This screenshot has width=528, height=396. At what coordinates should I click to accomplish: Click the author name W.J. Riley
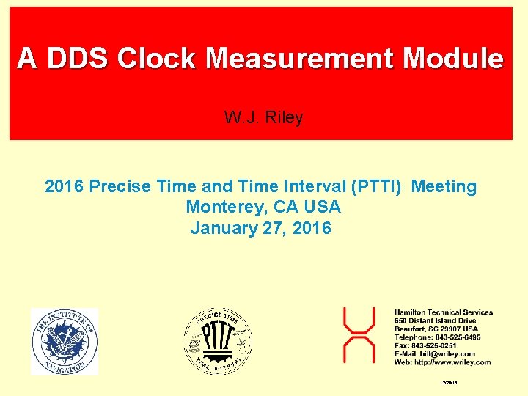tap(263, 117)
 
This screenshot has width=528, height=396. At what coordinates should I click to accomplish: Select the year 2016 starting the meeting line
tap(65, 187)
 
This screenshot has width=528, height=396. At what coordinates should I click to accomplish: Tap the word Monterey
tap(223, 208)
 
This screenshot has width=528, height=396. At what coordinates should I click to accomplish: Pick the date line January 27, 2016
tap(260, 228)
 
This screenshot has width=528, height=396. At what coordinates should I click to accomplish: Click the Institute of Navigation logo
tap(64, 342)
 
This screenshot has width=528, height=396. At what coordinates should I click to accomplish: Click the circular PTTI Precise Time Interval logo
tap(218, 342)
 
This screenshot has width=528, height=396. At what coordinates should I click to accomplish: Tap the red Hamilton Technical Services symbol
tap(359, 336)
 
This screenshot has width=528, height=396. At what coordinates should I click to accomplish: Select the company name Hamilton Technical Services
tap(444, 312)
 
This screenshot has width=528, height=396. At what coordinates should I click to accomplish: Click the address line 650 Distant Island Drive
tap(435, 320)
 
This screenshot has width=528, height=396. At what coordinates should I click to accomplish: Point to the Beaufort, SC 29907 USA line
tap(436, 329)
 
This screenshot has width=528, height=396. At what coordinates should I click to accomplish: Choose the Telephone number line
tap(437, 337)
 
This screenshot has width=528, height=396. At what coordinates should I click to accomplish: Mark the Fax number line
tap(425, 345)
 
